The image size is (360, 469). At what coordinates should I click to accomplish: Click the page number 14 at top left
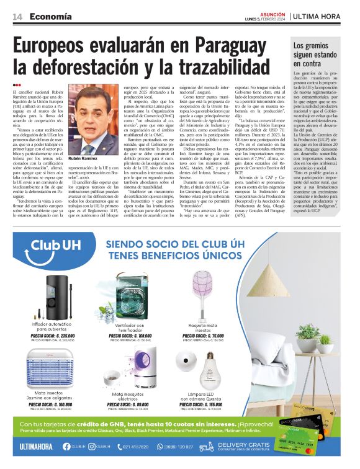tap(17, 17)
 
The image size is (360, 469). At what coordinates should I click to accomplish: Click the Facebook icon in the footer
tap(66, 447)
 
